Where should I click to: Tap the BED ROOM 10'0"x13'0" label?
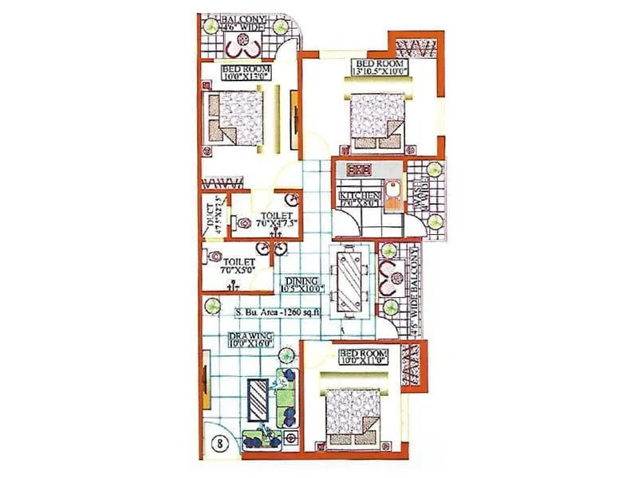tap(247, 75)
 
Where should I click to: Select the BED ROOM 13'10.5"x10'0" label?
tap(380, 68)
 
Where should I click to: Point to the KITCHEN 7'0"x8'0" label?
tap(356, 200)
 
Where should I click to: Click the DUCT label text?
tap(211, 217)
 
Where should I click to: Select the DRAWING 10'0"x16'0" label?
tap(249, 341)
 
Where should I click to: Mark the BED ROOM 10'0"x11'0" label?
tap(363, 356)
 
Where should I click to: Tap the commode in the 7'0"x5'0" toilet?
tap(215, 257)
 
